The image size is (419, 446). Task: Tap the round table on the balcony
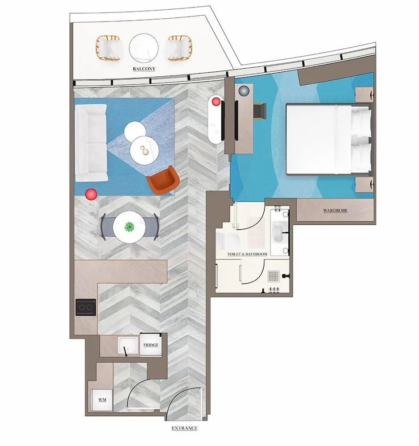pos(144,48)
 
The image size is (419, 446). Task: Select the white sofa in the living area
pos(91,143)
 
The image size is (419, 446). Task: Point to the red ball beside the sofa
pos(91,194)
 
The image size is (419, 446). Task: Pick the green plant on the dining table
pos(130,227)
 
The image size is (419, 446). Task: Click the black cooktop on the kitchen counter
pos(86,307)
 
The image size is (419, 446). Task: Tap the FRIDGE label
pos(150,345)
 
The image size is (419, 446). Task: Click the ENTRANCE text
pos(184,428)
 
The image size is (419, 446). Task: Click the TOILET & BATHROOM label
pos(247,254)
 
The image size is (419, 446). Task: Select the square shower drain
pos(273,276)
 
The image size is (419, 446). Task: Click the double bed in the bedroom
pos(328,139)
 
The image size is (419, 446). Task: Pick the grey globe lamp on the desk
pos(244,91)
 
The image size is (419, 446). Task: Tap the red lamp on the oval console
pos(216,101)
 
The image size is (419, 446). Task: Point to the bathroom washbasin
pos(279,232)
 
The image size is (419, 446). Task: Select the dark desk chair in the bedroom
pos(259,110)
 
